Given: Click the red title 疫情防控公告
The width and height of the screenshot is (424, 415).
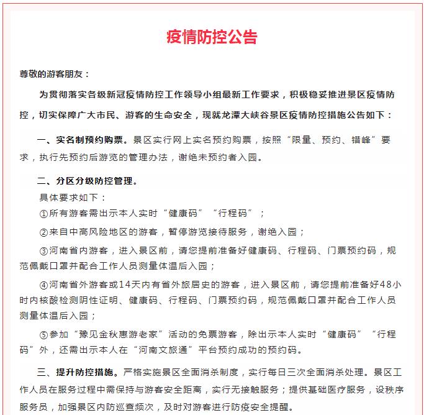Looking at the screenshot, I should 212,37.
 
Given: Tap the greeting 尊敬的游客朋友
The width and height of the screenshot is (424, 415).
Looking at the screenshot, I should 55,74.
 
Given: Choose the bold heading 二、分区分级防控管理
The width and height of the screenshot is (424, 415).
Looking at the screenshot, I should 86,182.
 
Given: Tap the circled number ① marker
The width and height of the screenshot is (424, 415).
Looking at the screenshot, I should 43,214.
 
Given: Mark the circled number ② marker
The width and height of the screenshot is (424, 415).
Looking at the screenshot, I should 43,232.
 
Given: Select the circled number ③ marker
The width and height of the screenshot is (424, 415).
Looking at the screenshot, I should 43,251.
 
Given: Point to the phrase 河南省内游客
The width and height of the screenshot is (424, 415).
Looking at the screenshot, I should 78,251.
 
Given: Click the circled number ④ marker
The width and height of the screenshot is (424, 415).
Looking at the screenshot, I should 43,285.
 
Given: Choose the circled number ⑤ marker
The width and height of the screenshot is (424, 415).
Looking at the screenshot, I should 43,334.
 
